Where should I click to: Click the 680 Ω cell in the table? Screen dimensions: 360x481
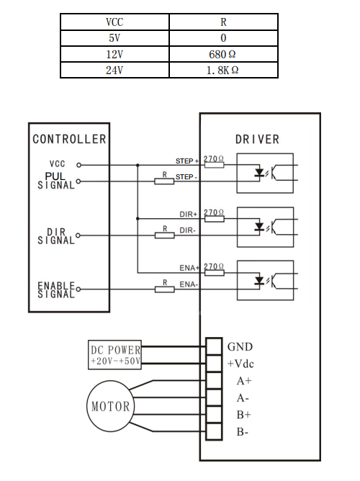click(x=223, y=54)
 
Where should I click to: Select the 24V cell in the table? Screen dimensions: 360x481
click(x=114, y=71)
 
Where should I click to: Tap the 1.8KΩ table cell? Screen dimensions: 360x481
click(x=223, y=71)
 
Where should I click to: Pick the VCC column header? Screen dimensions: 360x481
click(x=114, y=22)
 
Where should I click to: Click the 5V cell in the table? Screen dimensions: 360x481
click(x=114, y=38)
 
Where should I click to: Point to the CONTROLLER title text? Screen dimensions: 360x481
click(x=69, y=139)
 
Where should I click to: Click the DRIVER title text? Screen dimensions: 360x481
click(x=257, y=140)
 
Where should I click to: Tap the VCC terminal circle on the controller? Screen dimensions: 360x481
click(x=78, y=165)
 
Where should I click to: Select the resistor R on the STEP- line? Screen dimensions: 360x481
click(x=164, y=181)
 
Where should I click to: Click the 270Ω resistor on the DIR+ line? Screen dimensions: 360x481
click(x=214, y=219)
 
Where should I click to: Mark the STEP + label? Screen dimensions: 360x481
click(x=187, y=161)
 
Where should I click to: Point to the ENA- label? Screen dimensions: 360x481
click(x=189, y=284)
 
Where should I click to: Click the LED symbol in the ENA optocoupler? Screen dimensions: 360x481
click(x=259, y=280)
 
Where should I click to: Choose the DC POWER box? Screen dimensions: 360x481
click(x=114, y=354)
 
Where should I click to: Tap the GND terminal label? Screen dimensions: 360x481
click(x=240, y=347)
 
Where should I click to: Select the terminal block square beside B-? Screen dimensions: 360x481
click(x=214, y=431)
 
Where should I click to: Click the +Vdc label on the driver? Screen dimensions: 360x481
click(x=240, y=364)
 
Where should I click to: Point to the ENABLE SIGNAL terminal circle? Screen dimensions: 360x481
click(x=78, y=289)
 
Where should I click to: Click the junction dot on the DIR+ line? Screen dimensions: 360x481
click(x=138, y=219)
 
